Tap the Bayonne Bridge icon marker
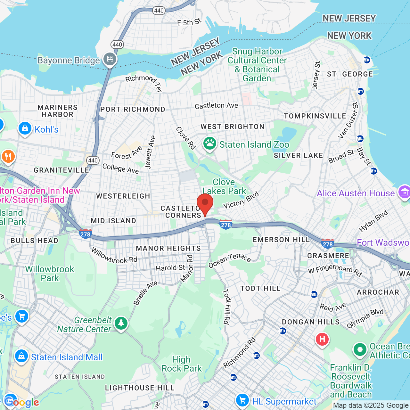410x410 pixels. [110, 59]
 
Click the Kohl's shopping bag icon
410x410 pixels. [25, 128]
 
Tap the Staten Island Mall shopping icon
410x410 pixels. [21, 356]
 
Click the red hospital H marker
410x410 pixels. [322, 339]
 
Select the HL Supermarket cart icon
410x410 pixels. [242, 400]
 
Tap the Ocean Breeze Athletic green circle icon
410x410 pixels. [360, 349]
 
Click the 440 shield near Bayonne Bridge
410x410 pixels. [117, 45]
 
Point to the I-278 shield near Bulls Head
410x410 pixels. [86, 234]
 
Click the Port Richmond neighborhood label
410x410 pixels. [133, 109]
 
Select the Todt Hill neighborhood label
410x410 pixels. [260, 288]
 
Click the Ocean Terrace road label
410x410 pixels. [229, 260]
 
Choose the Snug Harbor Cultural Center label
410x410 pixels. [257, 65]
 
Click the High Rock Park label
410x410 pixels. [182, 364]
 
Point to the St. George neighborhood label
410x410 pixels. [350, 74]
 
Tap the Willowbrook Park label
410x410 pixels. [50, 274]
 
